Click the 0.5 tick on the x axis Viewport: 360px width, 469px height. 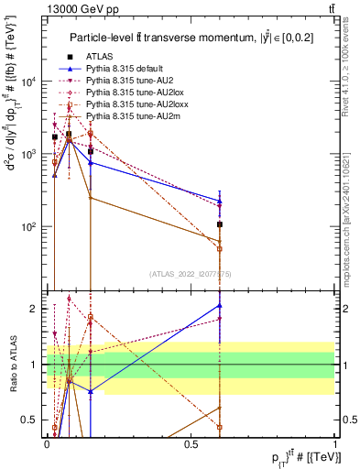[191, 443]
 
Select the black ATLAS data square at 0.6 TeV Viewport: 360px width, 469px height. [220, 224]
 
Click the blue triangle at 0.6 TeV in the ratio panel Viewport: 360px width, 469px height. [220, 305]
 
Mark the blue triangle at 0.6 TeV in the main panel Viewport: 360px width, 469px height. [220, 201]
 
